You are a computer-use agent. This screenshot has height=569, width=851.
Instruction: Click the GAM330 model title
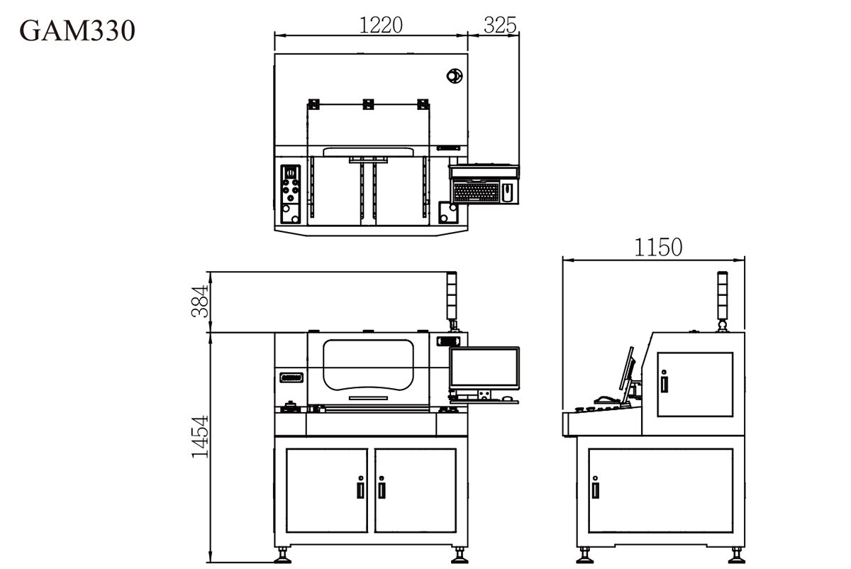click(x=77, y=31)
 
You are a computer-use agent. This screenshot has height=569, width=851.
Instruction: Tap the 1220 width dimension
click(x=380, y=26)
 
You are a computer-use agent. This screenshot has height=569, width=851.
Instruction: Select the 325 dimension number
click(x=500, y=25)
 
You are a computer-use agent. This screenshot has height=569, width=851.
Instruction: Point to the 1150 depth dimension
click(x=658, y=247)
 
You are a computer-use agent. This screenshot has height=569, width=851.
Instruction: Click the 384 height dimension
click(x=200, y=301)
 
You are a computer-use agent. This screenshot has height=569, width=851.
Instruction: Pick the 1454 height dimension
click(x=200, y=436)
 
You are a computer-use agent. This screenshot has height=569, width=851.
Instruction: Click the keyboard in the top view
click(x=476, y=192)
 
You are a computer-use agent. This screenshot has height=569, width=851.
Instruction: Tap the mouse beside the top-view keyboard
click(x=508, y=192)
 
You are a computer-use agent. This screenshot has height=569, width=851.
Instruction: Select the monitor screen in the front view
click(x=484, y=368)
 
